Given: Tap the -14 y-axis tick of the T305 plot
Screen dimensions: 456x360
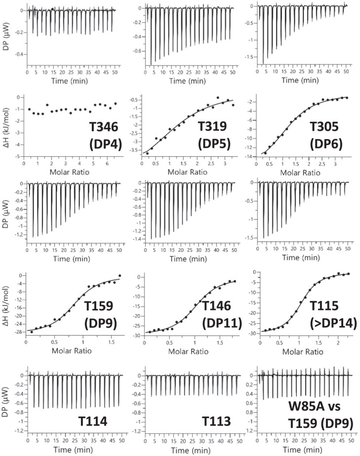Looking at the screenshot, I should click(x=253, y=156).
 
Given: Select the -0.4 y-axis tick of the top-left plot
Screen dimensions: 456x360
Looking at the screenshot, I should click(x=19, y=54).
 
